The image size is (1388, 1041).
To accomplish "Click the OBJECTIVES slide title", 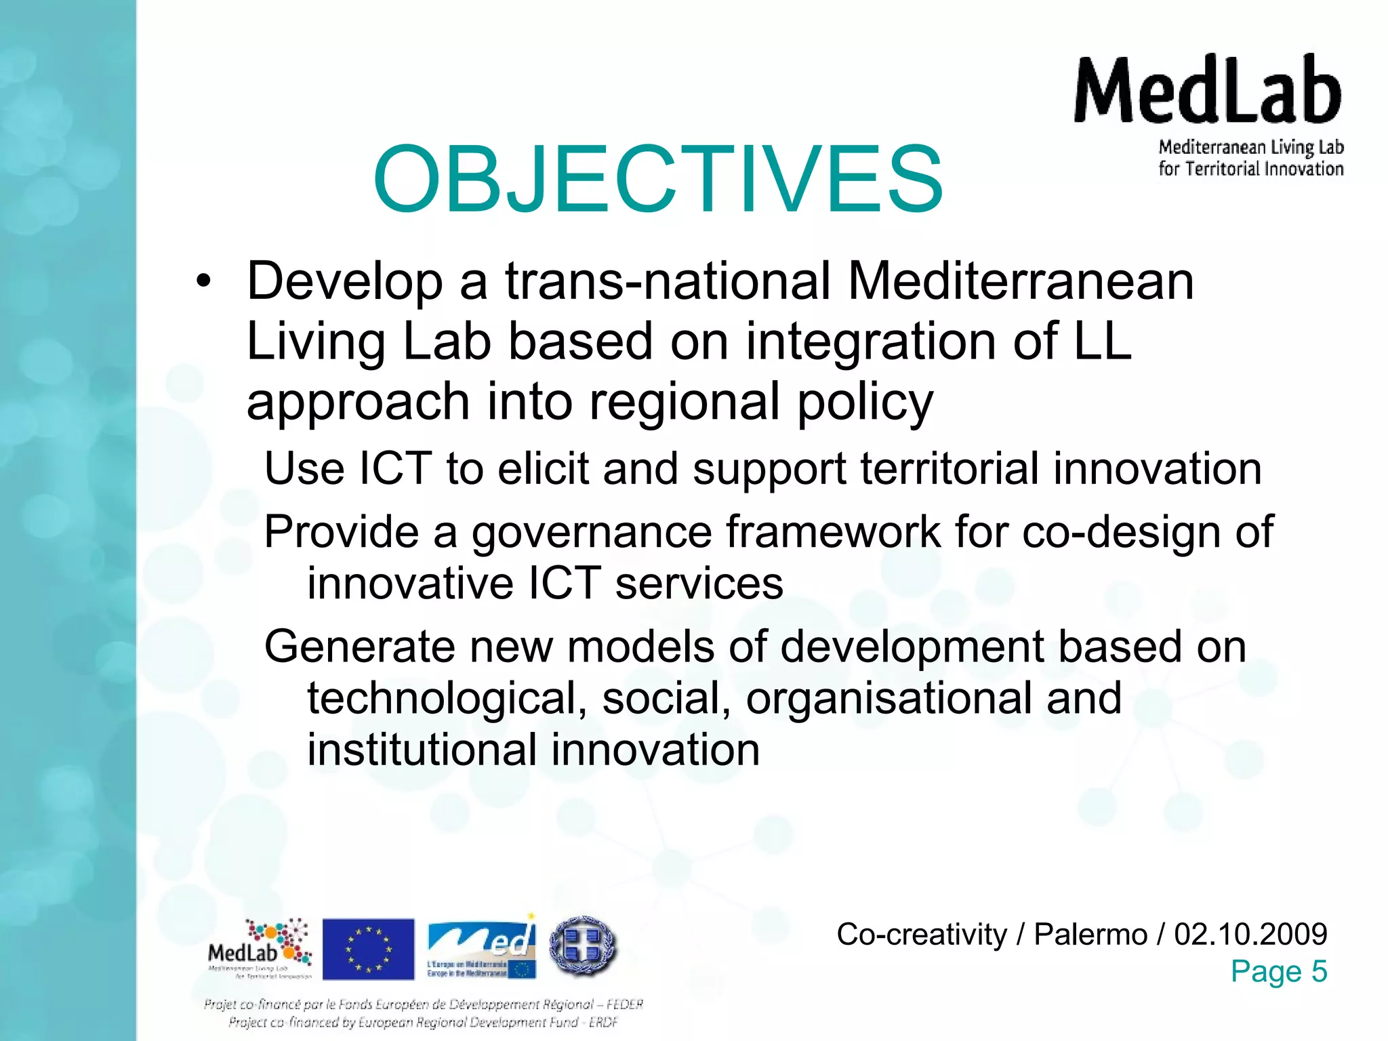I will (657, 180).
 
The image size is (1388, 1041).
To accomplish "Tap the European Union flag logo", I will (368, 949).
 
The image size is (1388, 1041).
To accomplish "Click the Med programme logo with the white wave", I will (482, 947).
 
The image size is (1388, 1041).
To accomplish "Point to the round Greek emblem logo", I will (583, 946).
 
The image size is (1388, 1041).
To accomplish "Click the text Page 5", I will (1278, 971).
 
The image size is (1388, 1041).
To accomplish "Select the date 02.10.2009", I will (1250, 934).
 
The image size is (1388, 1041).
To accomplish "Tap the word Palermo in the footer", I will (1090, 934).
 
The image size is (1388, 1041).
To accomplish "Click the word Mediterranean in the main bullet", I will (1021, 281).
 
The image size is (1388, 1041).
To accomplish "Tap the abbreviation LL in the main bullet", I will (1103, 341).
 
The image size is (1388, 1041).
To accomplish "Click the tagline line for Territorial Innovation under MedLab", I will (1250, 169).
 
